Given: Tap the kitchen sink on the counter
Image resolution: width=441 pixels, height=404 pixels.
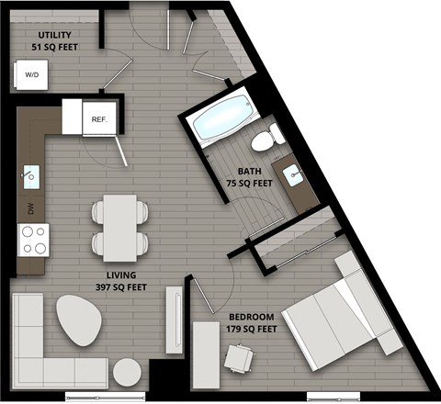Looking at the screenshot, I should (30, 174).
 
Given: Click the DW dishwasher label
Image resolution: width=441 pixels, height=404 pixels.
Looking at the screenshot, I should (30, 209).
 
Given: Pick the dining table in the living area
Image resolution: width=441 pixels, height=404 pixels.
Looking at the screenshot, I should (119, 227).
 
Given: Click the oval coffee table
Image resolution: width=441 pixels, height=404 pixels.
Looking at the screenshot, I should (80, 320).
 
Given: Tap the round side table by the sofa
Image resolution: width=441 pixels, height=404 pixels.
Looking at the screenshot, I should (127, 372).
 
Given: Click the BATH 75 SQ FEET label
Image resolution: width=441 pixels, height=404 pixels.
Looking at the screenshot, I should (249, 177).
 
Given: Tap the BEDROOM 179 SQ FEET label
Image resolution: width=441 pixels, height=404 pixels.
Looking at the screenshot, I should (253, 322).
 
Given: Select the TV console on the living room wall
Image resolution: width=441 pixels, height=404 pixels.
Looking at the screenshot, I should (173, 320).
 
